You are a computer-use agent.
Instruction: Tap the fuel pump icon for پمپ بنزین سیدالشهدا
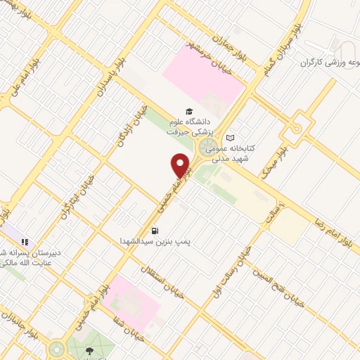click(155, 230)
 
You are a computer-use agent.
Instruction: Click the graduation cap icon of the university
click(188, 110)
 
